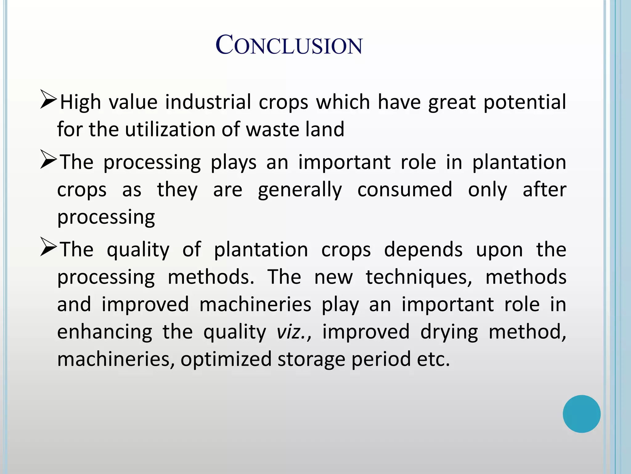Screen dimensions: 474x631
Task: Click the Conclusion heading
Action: (x=289, y=45)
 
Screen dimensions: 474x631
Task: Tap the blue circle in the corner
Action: (x=581, y=414)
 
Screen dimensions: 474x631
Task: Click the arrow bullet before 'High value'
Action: (x=48, y=99)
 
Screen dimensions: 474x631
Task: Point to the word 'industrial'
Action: (x=208, y=102)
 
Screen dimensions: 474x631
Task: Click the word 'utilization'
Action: (x=169, y=129)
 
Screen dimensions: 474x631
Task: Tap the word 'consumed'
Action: (x=405, y=189)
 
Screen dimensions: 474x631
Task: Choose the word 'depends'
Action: (x=423, y=250)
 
